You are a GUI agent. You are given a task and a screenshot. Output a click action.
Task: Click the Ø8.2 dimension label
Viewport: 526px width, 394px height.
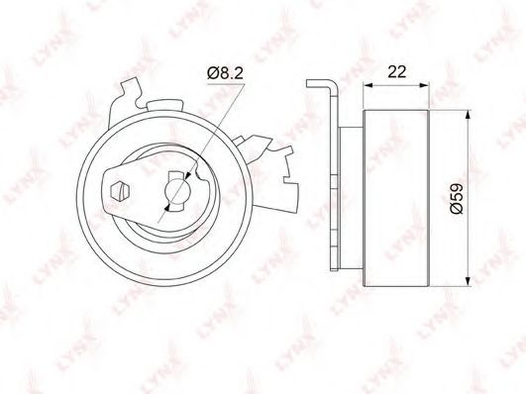225,73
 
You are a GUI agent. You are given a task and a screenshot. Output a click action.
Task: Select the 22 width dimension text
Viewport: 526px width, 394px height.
396,71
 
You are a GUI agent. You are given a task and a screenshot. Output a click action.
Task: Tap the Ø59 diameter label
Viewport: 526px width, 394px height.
457,199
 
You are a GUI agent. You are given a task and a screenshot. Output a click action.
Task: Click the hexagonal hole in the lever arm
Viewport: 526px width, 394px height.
120,191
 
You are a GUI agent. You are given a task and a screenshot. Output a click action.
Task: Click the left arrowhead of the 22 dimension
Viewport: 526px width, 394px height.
368,85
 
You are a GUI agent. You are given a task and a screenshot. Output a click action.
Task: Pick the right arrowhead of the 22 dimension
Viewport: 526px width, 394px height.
424,85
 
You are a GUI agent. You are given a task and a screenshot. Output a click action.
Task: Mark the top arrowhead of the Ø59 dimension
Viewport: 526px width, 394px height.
468,115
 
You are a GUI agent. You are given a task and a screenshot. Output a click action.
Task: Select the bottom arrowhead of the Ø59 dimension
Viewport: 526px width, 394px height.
468,282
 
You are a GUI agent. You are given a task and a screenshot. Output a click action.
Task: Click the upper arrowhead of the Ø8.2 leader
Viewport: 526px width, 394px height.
187,175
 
